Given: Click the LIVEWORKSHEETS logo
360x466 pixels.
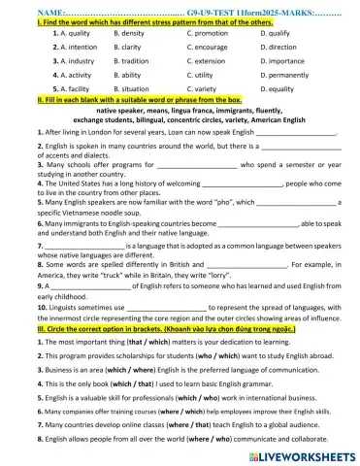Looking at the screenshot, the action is tap(296, 453).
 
